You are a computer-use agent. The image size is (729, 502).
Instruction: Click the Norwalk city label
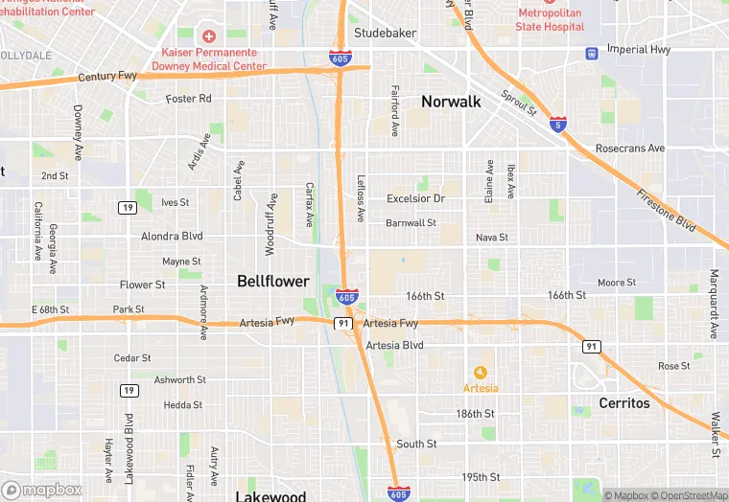pos(451,101)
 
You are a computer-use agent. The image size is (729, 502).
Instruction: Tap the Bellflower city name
pos(273,281)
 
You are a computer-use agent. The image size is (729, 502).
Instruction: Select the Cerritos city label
pos(624,402)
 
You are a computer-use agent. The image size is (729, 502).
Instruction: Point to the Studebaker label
pos(385,33)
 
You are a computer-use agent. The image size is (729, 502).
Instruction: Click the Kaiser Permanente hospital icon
pos(208,35)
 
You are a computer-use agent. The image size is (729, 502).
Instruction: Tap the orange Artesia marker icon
pos(481,372)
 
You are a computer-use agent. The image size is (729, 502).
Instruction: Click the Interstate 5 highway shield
pos(558,125)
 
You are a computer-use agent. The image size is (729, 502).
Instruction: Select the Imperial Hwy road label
pos(639,49)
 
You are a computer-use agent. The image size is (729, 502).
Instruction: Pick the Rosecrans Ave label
pos(629,148)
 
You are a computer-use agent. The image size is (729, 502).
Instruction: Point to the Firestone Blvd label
pos(664,208)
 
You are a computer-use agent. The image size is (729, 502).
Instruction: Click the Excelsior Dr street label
pos(415,198)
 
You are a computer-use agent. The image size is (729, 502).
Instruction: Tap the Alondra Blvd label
pos(172,236)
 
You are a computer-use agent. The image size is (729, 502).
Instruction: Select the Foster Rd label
pos(188,99)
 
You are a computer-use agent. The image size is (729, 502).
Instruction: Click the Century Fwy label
pos(109,76)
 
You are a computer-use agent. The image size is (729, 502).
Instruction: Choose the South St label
pos(416,444)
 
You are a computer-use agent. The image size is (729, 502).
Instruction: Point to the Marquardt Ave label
pos(714,305)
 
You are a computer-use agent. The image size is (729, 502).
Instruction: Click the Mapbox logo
pos(42,490)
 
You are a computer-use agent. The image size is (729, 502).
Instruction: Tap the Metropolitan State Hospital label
pos(550,20)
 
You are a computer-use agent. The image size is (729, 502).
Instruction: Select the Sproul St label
pos(519,103)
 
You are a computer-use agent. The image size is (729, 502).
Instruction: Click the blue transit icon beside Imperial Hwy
pos(592,52)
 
